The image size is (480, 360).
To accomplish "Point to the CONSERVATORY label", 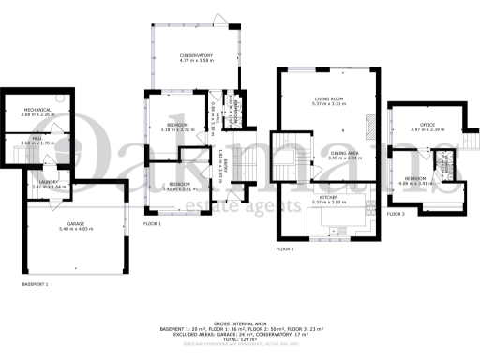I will [197, 56].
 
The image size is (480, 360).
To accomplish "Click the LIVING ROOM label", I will [331, 99].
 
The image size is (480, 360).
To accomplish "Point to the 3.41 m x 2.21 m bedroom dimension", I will [177, 188].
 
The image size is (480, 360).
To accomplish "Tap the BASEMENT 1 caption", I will [35, 282].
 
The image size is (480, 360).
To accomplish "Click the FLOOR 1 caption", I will [153, 224].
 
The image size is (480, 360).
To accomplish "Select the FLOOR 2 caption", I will [285, 249].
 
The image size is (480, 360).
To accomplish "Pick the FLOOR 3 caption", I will [395, 215].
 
